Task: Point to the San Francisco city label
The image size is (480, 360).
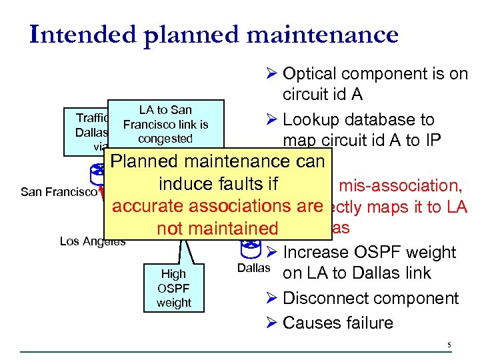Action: pos(59,192)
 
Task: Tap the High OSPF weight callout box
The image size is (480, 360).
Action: pos(173,287)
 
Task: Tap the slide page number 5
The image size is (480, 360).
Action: pos(449,345)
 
